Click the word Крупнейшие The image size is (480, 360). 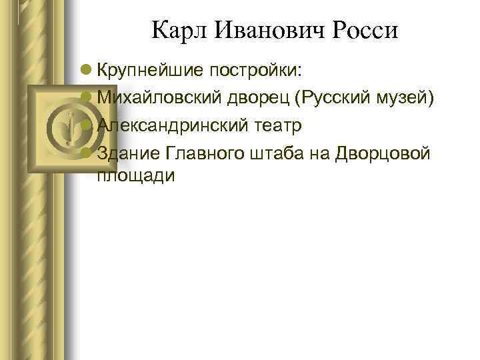151,69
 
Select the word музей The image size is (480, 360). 407,97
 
